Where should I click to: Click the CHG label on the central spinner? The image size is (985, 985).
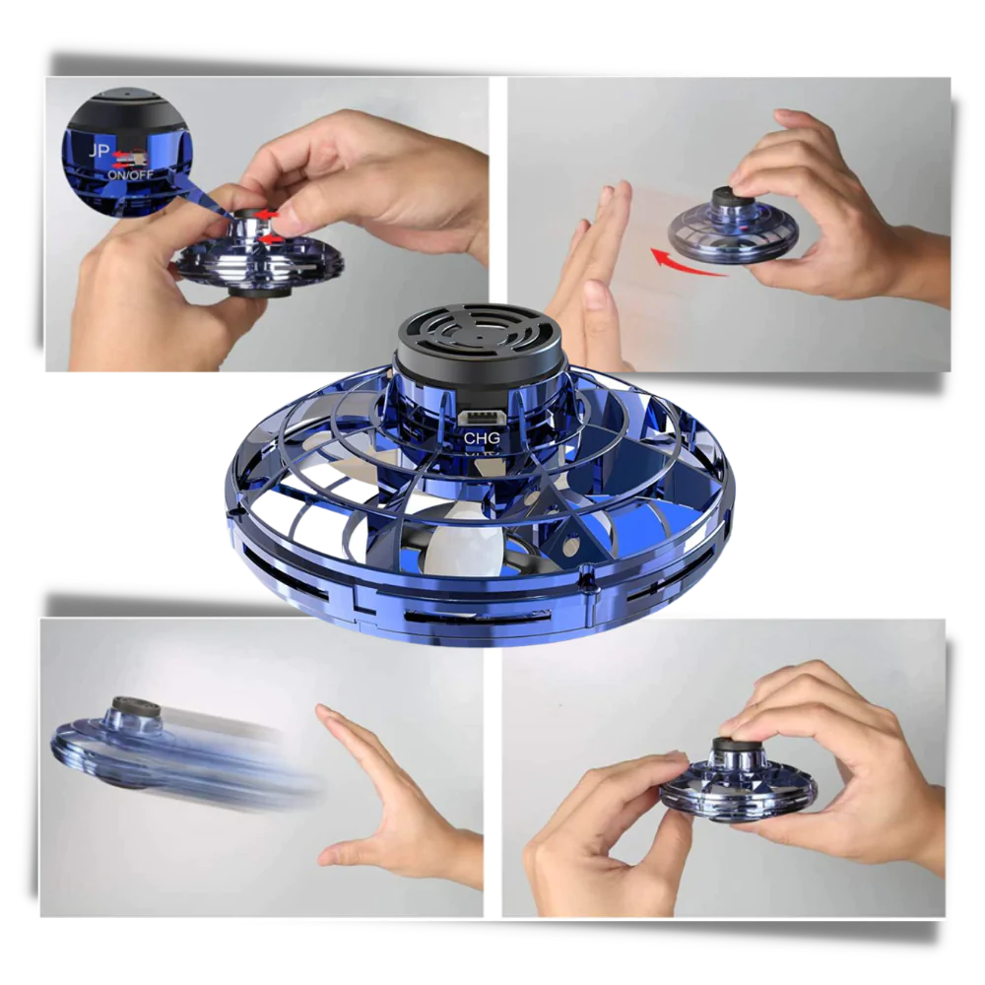click(481, 437)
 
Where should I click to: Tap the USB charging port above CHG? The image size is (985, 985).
click(481, 420)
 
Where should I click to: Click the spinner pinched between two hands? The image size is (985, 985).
click(739, 783)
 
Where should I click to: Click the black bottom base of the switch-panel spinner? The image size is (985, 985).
click(261, 292)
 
